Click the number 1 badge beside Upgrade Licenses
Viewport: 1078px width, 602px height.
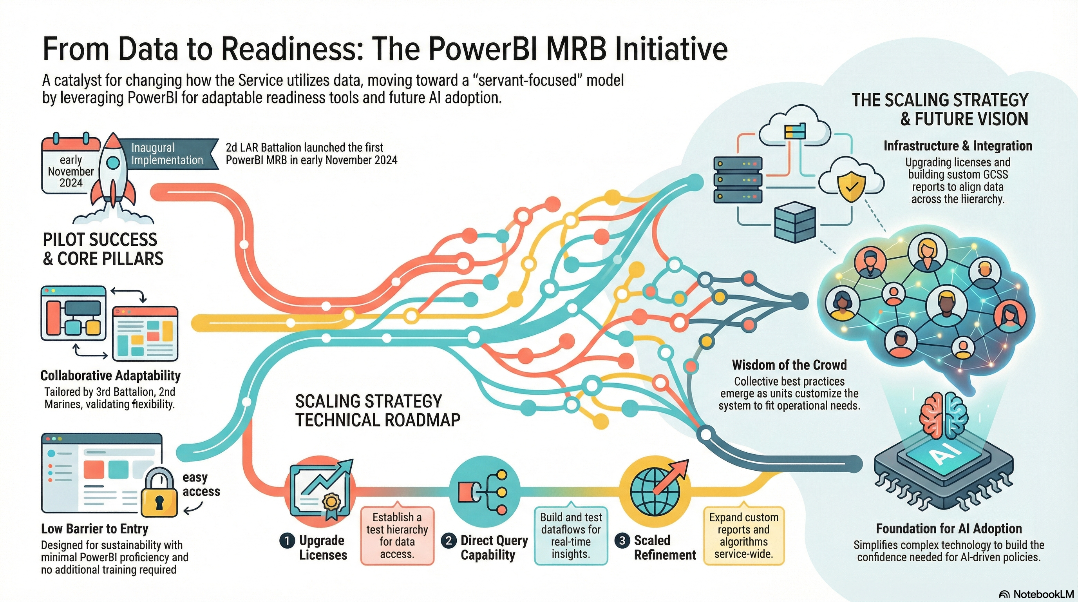click(287, 540)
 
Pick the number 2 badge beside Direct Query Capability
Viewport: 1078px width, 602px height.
click(449, 540)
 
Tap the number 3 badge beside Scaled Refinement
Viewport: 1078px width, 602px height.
click(622, 540)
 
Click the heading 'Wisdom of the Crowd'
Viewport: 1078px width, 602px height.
click(789, 365)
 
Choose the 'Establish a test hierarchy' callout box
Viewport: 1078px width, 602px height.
click(397, 535)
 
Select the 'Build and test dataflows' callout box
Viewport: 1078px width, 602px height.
click(571, 535)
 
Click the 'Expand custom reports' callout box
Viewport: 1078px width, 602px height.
click(743, 535)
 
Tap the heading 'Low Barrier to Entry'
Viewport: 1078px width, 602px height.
click(94, 529)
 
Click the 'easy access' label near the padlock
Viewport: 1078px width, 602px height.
click(201, 484)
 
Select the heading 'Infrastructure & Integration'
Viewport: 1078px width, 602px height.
click(957, 146)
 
